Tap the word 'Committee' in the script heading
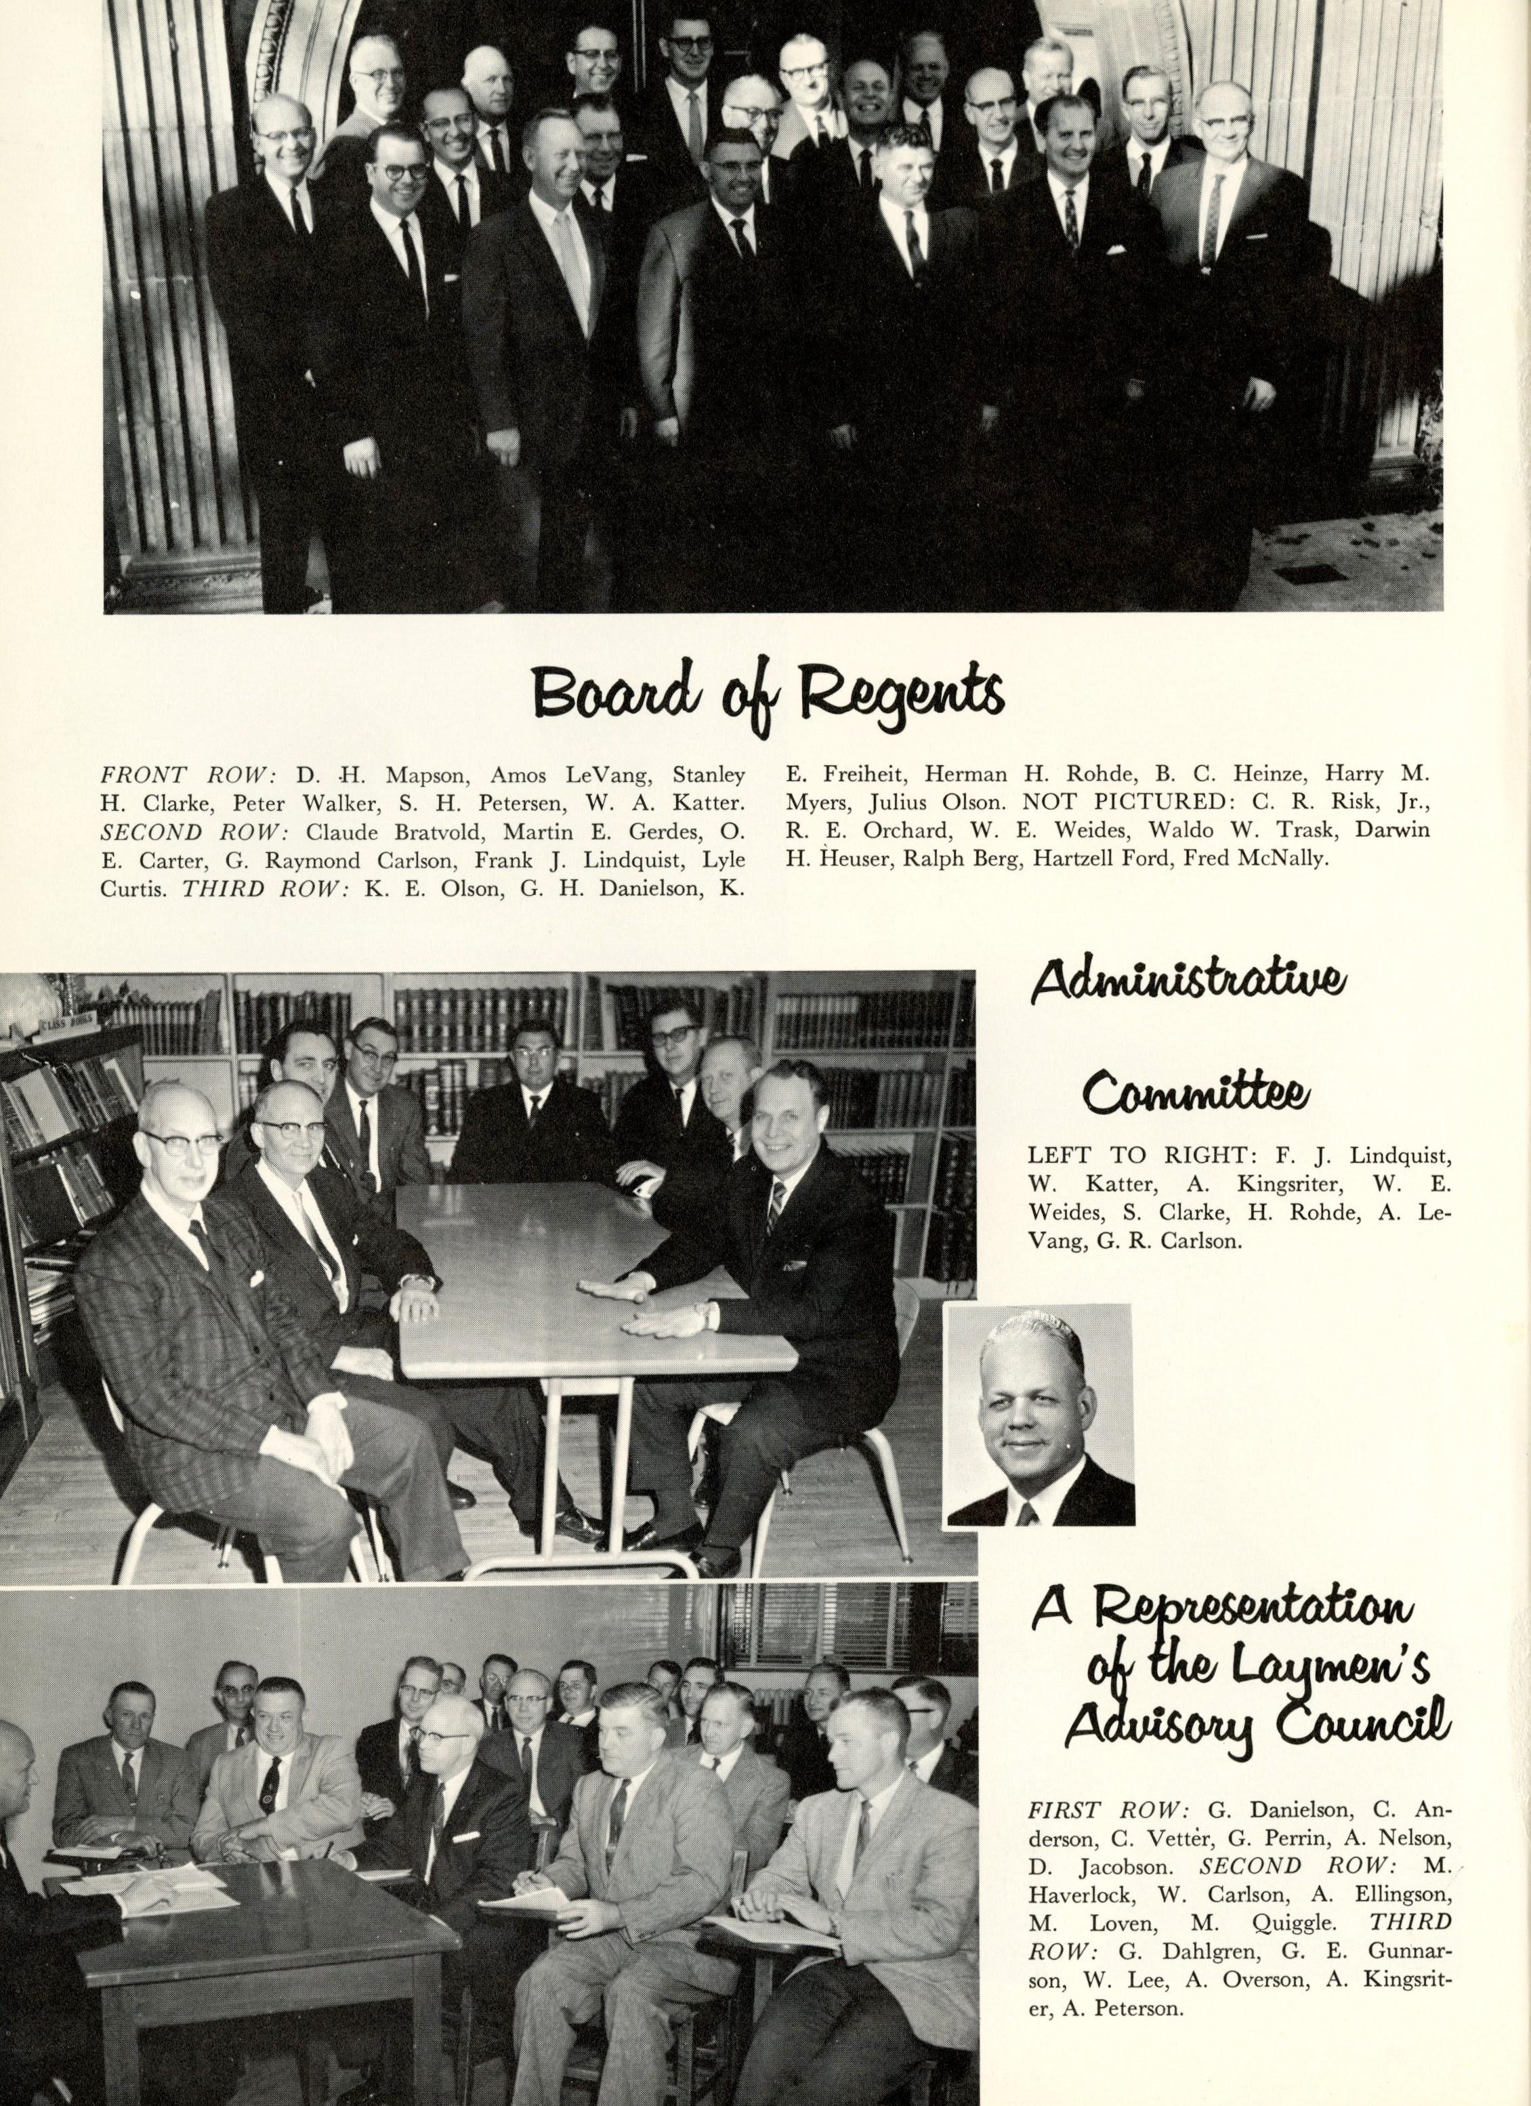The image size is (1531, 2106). pos(1198,1095)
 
